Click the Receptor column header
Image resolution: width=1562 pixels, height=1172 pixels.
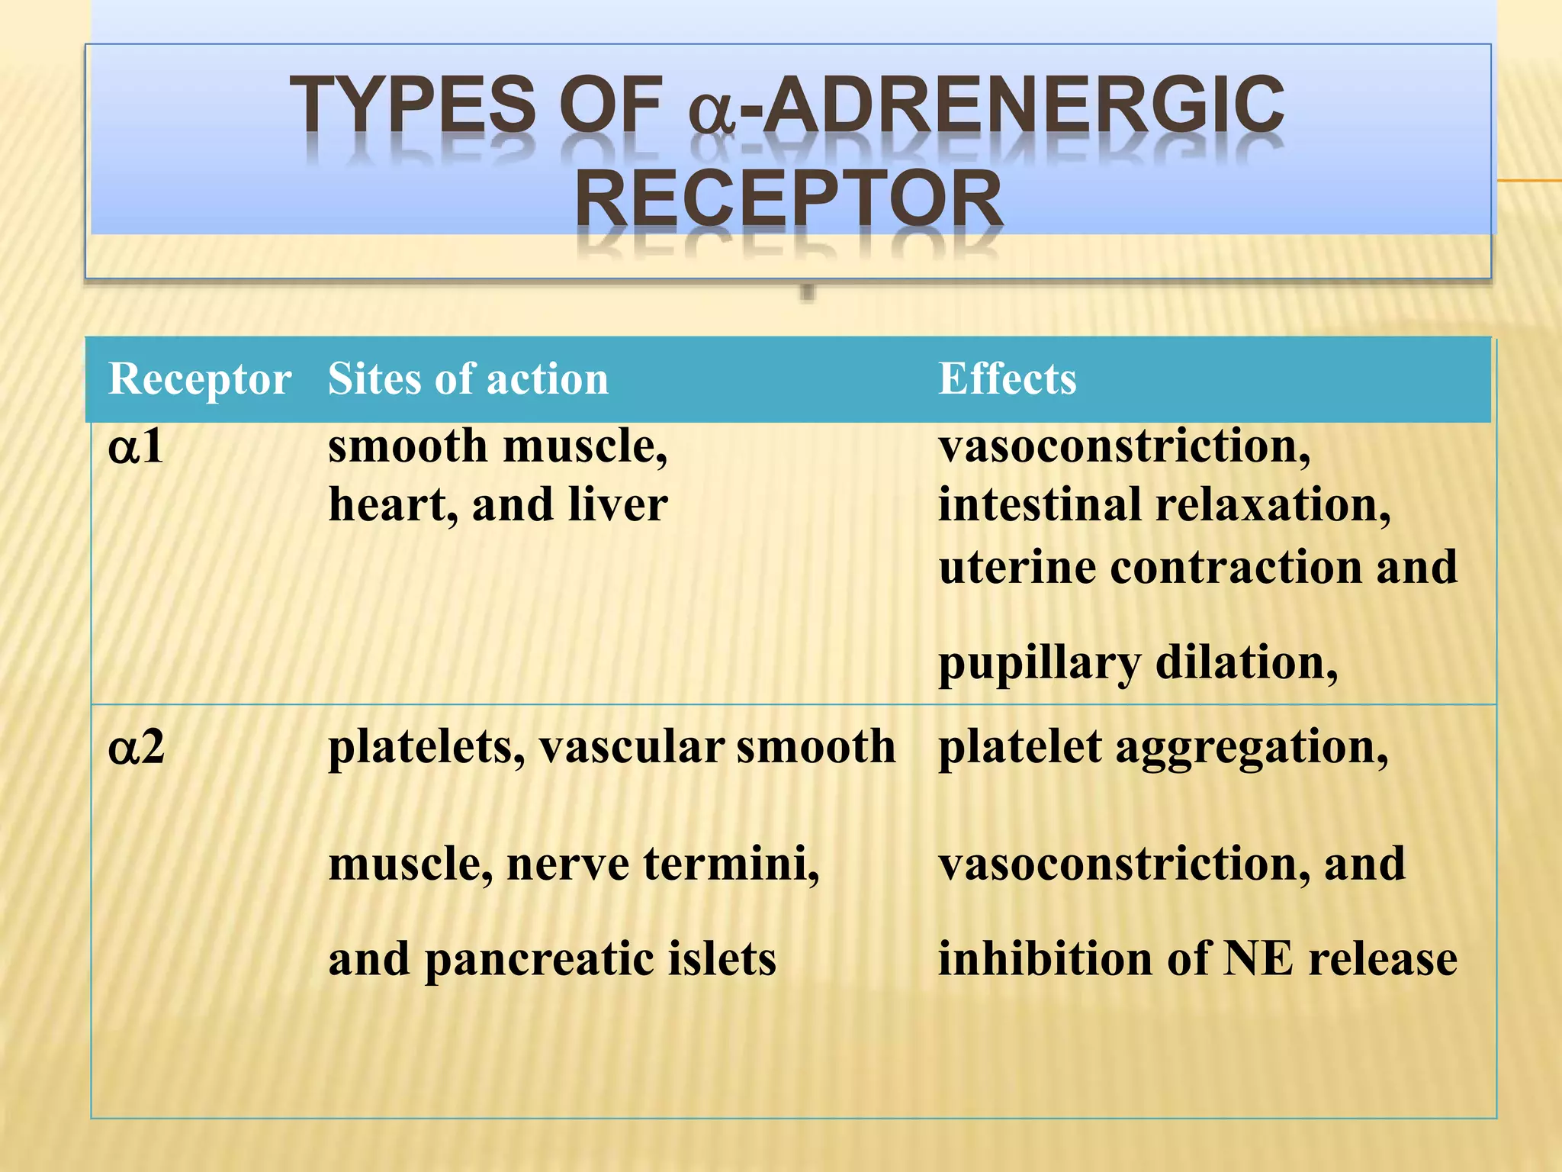pyautogui.click(x=200, y=379)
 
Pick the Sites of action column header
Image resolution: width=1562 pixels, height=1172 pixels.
pyautogui.click(x=468, y=379)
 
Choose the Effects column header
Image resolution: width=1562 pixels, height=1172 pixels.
pyautogui.click(x=1007, y=379)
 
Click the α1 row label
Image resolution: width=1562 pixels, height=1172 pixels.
pyautogui.click(x=136, y=446)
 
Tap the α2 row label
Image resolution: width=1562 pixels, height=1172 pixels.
pyautogui.click(x=137, y=747)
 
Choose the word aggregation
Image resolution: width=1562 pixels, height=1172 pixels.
pyautogui.click(x=1251, y=748)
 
